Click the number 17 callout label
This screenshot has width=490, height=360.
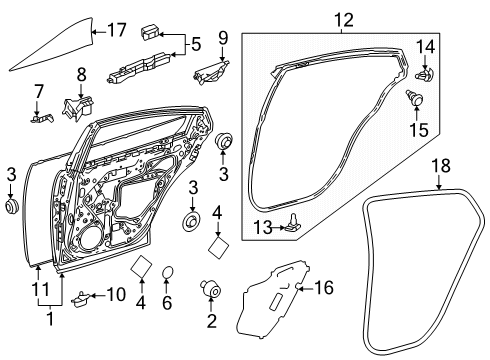point(116,31)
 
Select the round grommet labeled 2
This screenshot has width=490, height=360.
point(212,288)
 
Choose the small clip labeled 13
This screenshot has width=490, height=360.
point(291,224)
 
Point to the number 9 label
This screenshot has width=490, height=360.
point(224,39)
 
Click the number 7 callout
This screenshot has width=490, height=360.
point(38,93)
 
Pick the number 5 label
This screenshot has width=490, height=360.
point(196,43)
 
